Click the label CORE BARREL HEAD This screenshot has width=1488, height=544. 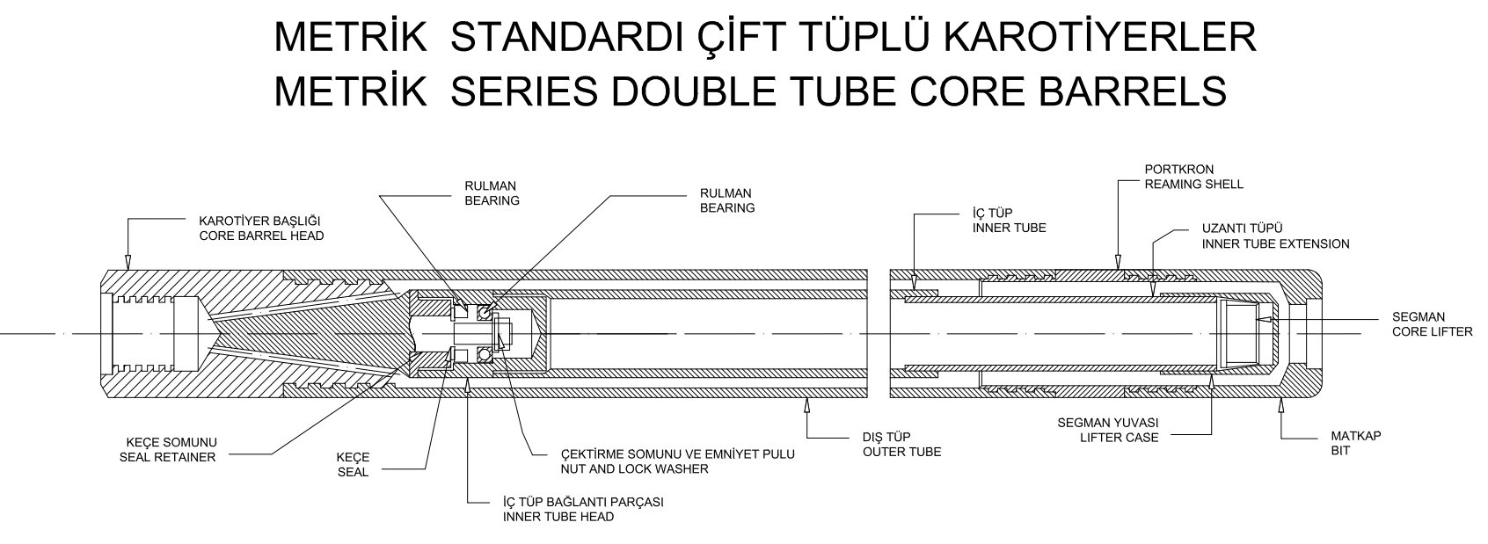(261, 236)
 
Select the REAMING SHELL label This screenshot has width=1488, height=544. (1193, 185)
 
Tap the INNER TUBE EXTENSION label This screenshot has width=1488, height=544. (1275, 243)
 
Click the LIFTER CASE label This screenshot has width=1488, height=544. (1120, 437)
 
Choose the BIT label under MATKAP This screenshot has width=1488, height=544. (1340, 451)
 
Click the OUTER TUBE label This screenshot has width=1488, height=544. (901, 452)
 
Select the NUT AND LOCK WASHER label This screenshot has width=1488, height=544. (635, 468)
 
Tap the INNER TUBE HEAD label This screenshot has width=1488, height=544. (558, 517)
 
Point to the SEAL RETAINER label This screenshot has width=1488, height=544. (167, 457)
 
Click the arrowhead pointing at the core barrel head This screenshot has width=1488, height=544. (128, 262)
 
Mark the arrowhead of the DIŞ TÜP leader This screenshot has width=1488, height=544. (807, 404)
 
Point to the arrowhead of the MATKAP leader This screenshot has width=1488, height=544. (1281, 404)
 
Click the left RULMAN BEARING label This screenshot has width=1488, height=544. (492, 193)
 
